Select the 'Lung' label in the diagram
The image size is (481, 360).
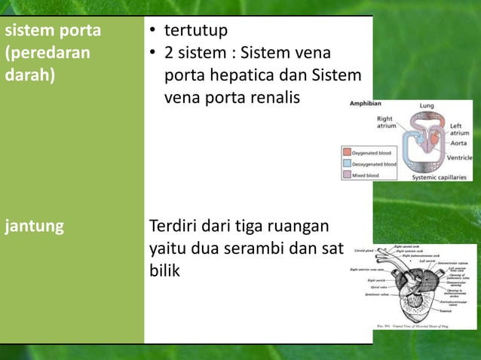[x=427, y=106]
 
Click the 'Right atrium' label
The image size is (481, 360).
[x=385, y=122]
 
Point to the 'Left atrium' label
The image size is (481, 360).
[x=460, y=130]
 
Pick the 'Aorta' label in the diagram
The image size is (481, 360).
[x=458, y=143]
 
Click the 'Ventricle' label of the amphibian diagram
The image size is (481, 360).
[x=459, y=158]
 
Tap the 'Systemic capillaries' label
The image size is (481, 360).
[x=441, y=178]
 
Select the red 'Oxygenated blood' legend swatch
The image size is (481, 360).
[x=348, y=152]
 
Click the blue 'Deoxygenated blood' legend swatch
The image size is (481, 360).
[x=348, y=163]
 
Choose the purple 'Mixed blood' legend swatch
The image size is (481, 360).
[x=348, y=175]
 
